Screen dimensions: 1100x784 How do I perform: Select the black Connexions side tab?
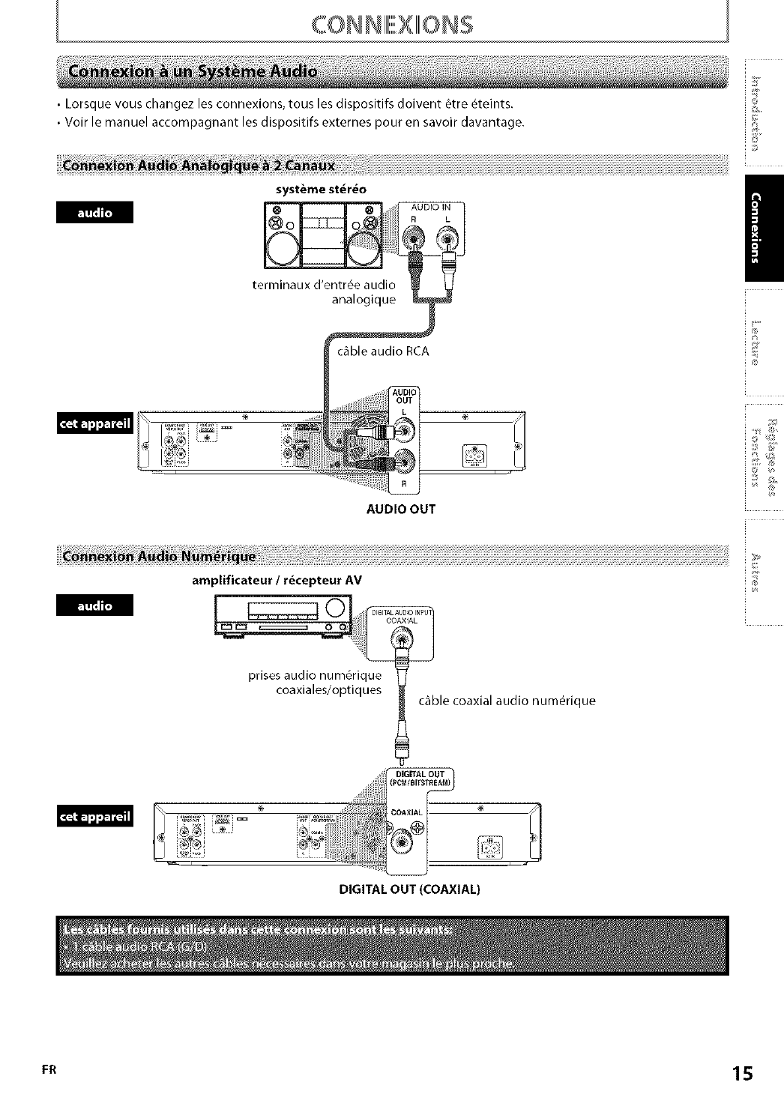click(x=765, y=229)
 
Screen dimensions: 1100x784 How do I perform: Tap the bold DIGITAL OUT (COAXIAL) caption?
click(x=409, y=889)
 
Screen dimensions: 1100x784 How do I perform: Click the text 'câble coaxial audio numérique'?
click(x=507, y=701)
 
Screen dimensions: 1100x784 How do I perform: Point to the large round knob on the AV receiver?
click(x=337, y=608)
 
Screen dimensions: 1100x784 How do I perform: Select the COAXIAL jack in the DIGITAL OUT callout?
click(x=404, y=841)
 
